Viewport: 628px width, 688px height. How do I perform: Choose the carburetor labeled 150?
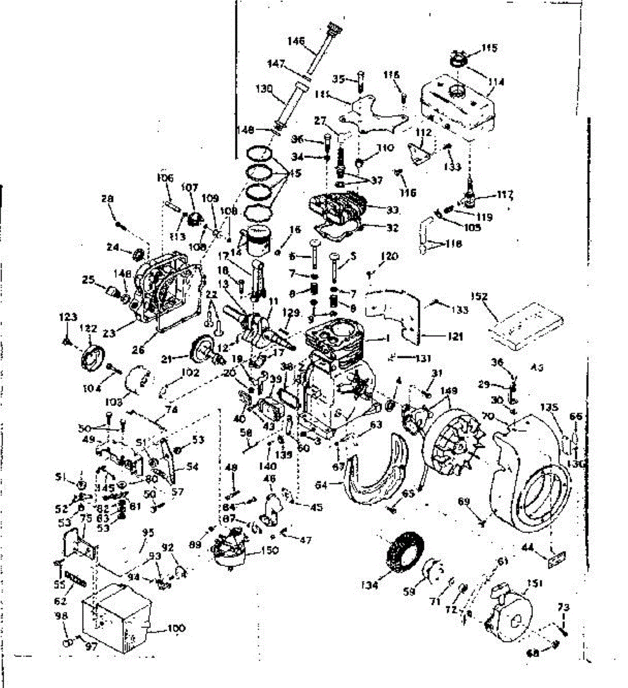(230, 550)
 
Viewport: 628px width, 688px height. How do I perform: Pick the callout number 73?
(564, 607)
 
